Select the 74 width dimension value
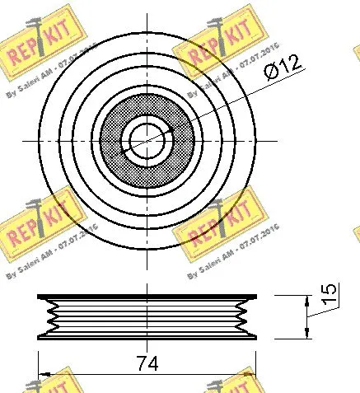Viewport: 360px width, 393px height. [x=147, y=363]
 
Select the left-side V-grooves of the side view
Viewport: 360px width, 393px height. [x=51, y=316]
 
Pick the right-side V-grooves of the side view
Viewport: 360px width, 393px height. [x=243, y=316]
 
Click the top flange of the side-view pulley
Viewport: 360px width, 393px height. [x=147, y=297]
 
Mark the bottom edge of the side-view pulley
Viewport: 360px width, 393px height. [x=147, y=337]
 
